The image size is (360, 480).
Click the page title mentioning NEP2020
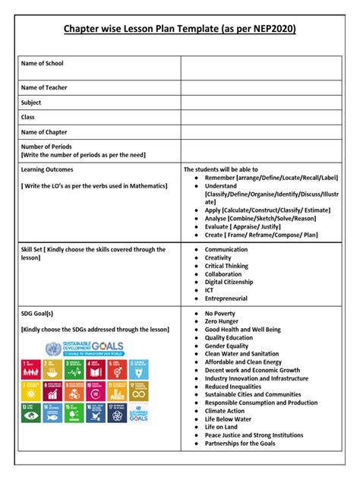click(x=179, y=29)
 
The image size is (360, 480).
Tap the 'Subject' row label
click(x=32, y=103)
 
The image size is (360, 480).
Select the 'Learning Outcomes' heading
click(x=48, y=169)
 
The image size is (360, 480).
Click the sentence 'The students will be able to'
click(x=221, y=169)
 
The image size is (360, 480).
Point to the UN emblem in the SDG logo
click(x=52, y=349)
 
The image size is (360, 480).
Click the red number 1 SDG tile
click(x=31, y=370)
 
